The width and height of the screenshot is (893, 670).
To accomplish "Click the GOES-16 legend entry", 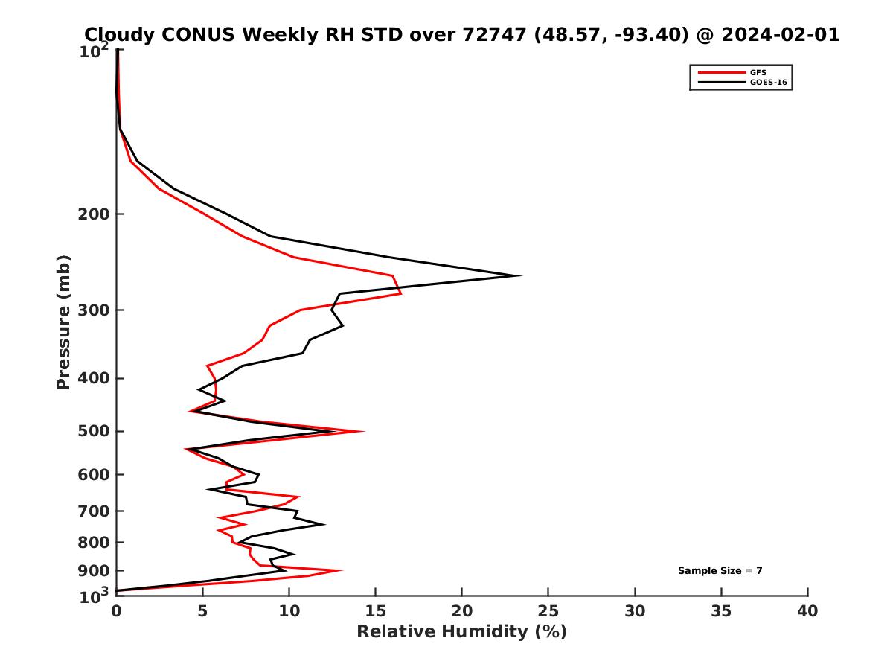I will click(x=767, y=83).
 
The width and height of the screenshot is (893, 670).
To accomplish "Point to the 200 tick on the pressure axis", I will click(x=117, y=214).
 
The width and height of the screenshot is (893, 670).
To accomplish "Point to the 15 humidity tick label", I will click(x=376, y=611).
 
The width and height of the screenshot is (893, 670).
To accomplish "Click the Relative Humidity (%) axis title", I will click(x=461, y=632).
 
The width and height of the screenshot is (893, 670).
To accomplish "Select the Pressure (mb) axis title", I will click(x=63, y=322).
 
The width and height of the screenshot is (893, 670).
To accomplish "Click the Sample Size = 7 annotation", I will click(x=720, y=571).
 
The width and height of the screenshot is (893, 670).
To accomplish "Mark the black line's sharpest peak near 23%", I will click(x=519, y=276).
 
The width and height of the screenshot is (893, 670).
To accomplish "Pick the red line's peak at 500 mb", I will click(x=363, y=431).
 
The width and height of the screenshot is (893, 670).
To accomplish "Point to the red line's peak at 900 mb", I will click(x=342, y=571).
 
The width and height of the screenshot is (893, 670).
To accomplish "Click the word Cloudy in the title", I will click(x=118, y=34).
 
